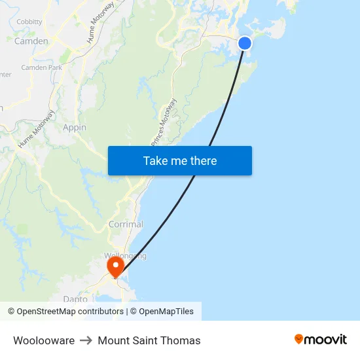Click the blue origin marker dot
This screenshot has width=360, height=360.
click(x=244, y=43)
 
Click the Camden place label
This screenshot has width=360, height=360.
click(x=31, y=41)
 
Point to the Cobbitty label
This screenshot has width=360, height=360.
click(x=29, y=22)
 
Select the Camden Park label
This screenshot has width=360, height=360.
click(x=41, y=67)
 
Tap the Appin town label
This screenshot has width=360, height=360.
click(x=75, y=128)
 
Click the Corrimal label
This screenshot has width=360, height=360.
click(x=126, y=225)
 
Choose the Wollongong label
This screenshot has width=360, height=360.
click(x=125, y=255)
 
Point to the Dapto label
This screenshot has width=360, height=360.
click(x=75, y=299)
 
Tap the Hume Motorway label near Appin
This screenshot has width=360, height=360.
click(x=30, y=133)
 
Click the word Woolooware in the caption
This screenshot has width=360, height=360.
click(x=44, y=340)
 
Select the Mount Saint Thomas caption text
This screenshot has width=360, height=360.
click(x=149, y=340)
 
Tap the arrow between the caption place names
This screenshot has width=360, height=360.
click(x=86, y=340)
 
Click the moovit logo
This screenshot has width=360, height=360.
click(x=321, y=339)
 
